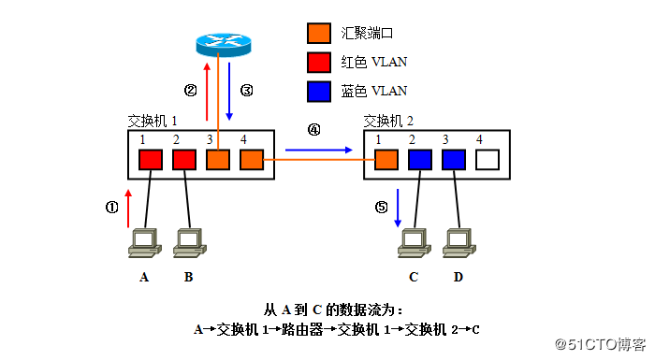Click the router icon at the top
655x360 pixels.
coord(224,43)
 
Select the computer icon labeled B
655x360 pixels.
coord(189,240)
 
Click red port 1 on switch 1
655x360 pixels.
coord(151,160)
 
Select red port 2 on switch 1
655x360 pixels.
coord(184,160)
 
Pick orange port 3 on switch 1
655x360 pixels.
coord(218,160)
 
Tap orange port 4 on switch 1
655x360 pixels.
coord(252,160)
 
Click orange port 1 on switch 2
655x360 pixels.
coord(386,159)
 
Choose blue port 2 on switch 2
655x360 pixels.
coord(420,159)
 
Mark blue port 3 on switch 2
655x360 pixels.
coord(454,159)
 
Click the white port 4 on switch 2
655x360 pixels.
coord(488,159)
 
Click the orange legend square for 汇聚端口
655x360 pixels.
coord(319,33)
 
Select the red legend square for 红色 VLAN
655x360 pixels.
coord(319,62)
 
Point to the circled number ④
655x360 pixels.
coord(313,131)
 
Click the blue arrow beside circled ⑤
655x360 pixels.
coord(398,207)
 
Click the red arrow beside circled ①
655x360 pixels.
coord(128,207)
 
